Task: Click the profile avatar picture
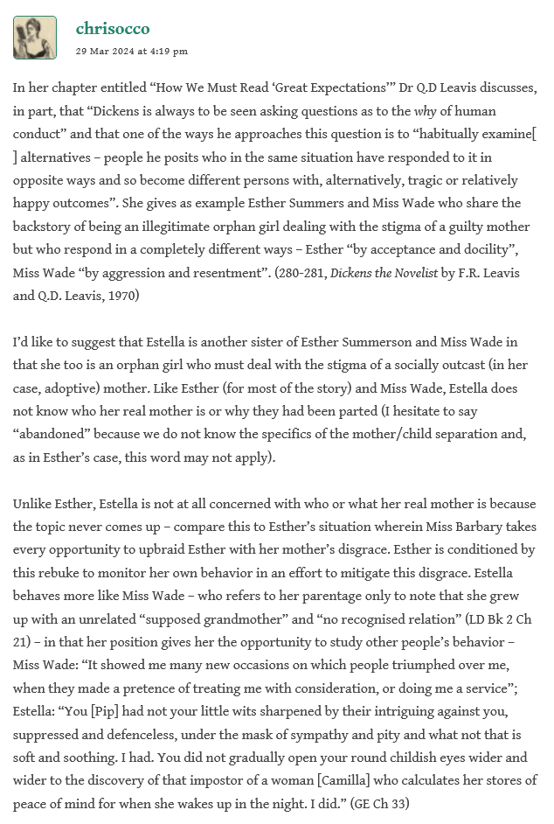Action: click(x=35, y=38)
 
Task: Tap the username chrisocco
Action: click(x=113, y=29)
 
